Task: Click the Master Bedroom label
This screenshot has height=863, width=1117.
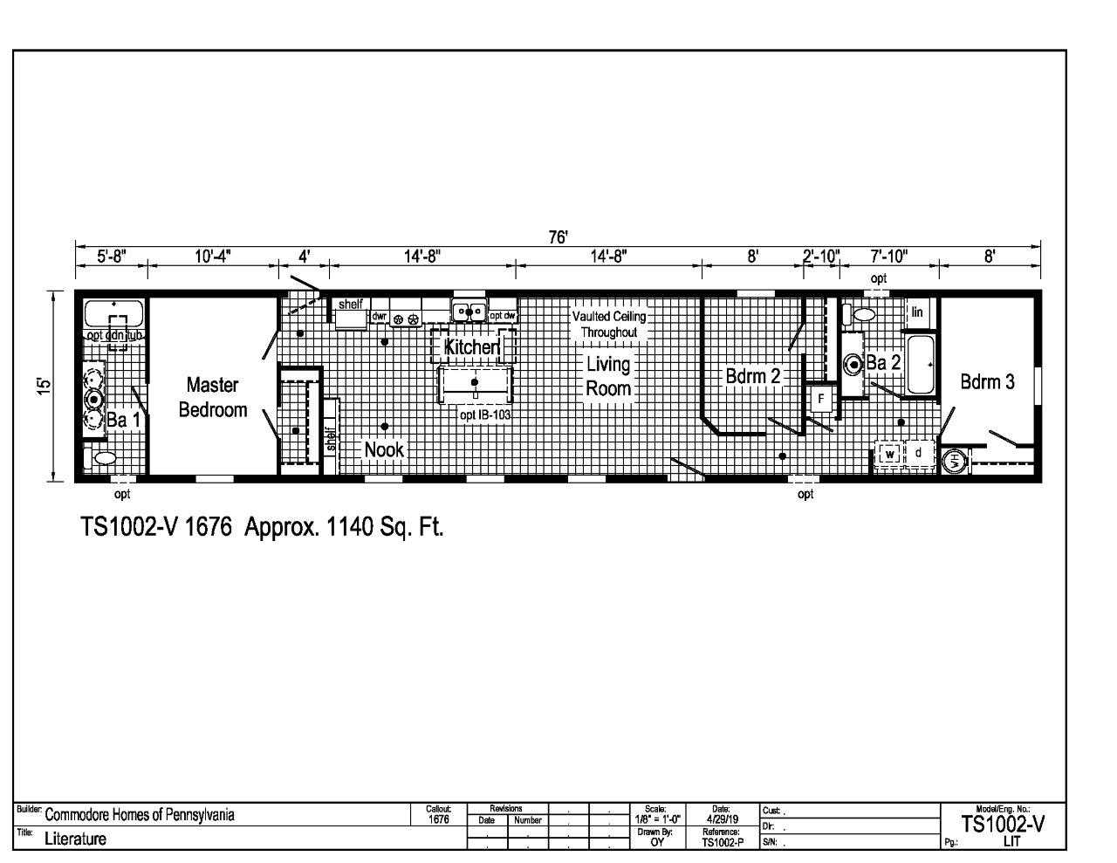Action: [212, 397]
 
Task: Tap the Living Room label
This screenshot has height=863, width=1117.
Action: [607, 376]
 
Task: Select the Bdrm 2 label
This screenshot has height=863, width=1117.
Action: [752, 376]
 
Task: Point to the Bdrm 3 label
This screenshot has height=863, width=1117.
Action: [987, 381]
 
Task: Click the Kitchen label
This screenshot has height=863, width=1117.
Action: [471, 347]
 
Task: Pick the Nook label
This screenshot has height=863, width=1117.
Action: [384, 449]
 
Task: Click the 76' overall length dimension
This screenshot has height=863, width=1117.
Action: [558, 238]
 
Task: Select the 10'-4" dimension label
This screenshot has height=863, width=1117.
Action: [212, 257]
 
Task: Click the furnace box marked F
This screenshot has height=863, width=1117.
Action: [820, 400]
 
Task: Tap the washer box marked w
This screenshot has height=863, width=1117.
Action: [889, 454]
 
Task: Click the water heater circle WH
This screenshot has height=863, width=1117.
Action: [955, 462]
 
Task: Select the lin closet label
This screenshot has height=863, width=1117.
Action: [917, 312]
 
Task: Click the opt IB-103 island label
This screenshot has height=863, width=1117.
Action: [484, 415]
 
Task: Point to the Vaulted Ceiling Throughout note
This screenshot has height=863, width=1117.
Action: [608, 325]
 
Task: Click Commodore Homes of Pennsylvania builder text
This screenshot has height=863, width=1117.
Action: [139, 816]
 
